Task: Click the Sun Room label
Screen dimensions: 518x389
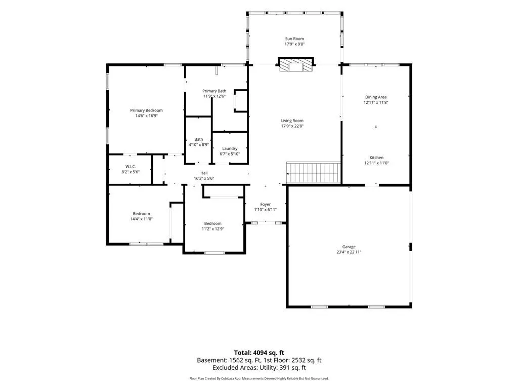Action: pos(294,38)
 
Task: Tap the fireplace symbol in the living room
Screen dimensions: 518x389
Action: pos(295,65)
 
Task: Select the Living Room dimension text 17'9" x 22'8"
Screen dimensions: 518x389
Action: pos(292,126)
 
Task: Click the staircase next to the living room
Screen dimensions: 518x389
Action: pos(313,172)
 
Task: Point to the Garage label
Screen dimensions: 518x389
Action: pos(349,247)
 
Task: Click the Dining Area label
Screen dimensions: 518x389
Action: pos(376,97)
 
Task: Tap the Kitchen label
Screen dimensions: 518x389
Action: pos(376,158)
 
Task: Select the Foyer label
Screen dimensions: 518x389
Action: pos(265,205)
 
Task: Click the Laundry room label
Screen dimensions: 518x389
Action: pos(230,149)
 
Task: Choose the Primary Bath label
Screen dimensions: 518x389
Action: pos(214,91)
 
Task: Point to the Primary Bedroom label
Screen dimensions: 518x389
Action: pos(146,110)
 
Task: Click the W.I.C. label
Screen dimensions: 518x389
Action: pos(131,167)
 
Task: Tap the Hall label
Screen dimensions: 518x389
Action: pos(204,173)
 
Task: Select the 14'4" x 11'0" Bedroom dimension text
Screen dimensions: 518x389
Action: pos(142,219)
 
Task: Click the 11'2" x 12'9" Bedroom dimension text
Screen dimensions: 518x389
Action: pos(213,229)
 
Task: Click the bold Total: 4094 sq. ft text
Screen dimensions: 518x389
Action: pos(259,353)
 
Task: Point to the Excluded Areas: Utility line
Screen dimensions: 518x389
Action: pos(259,368)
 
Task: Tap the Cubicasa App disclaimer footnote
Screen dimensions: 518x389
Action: pos(259,378)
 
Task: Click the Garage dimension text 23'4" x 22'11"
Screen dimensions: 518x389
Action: pos(349,252)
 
